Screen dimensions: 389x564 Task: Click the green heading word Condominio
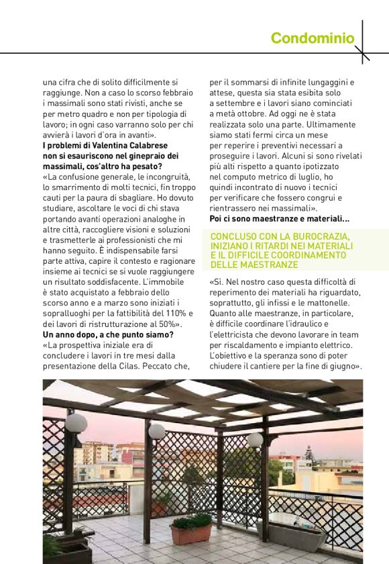point(312,38)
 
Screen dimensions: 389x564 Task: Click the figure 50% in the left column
point(167,324)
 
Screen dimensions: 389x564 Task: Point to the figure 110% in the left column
point(169,314)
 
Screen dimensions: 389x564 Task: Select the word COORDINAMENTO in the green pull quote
point(304,256)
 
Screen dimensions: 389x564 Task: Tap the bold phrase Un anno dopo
point(72,334)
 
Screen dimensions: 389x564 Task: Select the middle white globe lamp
point(157,431)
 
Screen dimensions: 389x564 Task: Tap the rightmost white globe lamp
point(255,440)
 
